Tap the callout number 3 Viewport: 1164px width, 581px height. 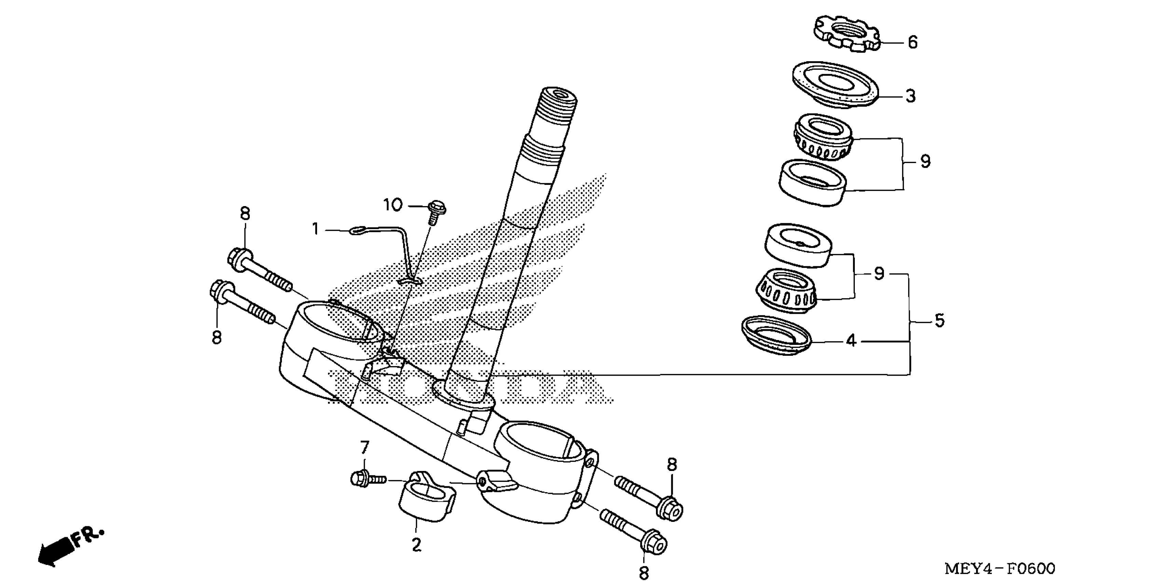click(910, 96)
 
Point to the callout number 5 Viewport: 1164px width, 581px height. click(940, 321)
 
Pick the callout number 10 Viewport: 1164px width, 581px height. click(393, 206)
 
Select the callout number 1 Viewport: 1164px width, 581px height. click(315, 229)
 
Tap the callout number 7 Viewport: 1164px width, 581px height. click(365, 448)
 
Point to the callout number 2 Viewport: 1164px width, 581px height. click(416, 545)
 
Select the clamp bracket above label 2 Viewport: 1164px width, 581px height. click(427, 497)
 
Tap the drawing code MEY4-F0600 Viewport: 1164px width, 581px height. click(1000, 568)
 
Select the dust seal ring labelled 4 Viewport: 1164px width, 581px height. click(776, 335)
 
